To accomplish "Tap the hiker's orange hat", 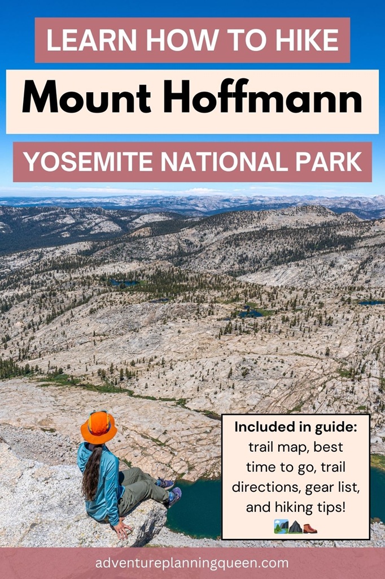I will (x=98, y=427).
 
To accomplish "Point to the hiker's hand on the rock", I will (x=121, y=530).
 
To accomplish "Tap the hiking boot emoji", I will (x=310, y=528).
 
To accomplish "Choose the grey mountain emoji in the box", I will (x=295, y=528).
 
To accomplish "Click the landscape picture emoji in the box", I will (x=281, y=528).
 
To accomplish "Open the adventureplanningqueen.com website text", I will (x=192, y=563).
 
